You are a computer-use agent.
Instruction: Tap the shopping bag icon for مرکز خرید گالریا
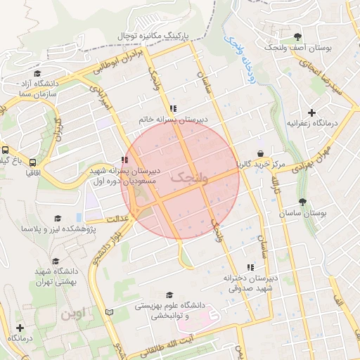pos(260,153)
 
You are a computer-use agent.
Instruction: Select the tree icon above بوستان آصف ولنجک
pos(298,36)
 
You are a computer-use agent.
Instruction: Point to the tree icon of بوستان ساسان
pos(302,202)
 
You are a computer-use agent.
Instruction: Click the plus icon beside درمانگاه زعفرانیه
pos(311,112)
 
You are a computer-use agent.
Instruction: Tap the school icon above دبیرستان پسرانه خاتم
pos(173,108)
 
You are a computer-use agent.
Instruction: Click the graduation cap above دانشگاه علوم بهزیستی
pos(169,295)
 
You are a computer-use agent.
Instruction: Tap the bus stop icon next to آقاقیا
pos(32,162)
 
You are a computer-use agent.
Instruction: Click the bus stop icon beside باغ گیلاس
pos(5,150)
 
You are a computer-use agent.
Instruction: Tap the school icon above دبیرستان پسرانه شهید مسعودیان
pos(124,160)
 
